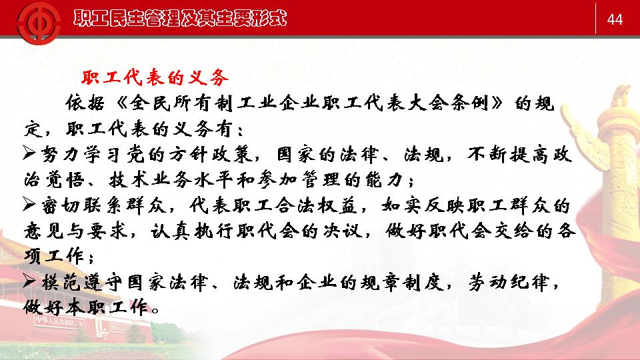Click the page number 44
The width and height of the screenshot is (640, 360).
click(x=615, y=19)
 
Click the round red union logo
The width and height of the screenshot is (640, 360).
click(x=39, y=22)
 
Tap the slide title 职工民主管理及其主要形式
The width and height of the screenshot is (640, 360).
click(x=180, y=19)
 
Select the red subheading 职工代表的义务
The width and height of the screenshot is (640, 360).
click(x=155, y=77)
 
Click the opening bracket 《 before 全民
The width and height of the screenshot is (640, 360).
click(x=121, y=103)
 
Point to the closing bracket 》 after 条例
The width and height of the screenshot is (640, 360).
click(x=497, y=103)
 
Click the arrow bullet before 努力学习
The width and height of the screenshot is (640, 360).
click(x=29, y=153)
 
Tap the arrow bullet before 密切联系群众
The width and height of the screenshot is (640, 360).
click(x=29, y=204)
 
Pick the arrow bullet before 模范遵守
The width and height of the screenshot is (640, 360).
click(x=29, y=281)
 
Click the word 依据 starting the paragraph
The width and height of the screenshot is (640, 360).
click(x=85, y=103)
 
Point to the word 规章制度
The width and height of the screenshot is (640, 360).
click(x=402, y=282)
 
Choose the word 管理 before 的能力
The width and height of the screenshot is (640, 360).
click(x=321, y=179)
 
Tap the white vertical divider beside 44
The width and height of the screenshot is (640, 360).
click(x=595, y=19)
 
